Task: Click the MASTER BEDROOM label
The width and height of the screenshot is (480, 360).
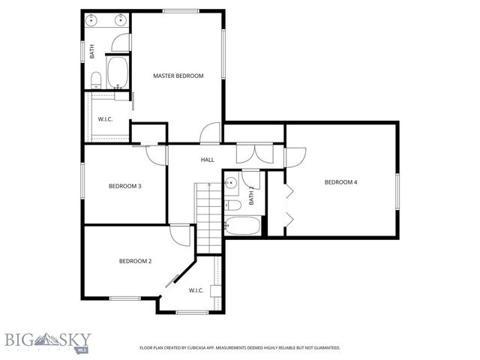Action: pyautogui.click(x=178, y=76)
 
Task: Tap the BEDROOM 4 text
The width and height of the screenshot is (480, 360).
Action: pyautogui.click(x=341, y=182)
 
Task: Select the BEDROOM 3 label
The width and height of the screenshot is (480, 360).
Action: pyautogui.click(x=124, y=186)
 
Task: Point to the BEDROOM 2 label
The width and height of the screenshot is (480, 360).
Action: pyautogui.click(x=135, y=261)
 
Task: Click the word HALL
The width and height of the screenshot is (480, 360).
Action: pyautogui.click(x=207, y=160)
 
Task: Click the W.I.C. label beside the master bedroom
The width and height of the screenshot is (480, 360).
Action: pyautogui.click(x=105, y=119)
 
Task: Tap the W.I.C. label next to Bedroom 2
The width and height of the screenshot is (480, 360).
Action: pyautogui.click(x=196, y=290)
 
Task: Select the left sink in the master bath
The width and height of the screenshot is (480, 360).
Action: pyautogui.click(x=92, y=20)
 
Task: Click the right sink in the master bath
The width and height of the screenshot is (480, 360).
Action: pyautogui.click(x=120, y=20)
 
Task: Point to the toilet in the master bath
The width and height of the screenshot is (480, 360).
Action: pyautogui.click(x=96, y=79)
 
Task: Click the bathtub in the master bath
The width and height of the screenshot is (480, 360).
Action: pyautogui.click(x=118, y=73)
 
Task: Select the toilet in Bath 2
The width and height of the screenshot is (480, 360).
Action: pyautogui.click(x=232, y=205)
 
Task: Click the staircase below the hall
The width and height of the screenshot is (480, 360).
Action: pyautogui.click(x=208, y=217)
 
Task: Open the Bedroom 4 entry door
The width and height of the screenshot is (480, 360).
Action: pyautogui.click(x=294, y=156)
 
